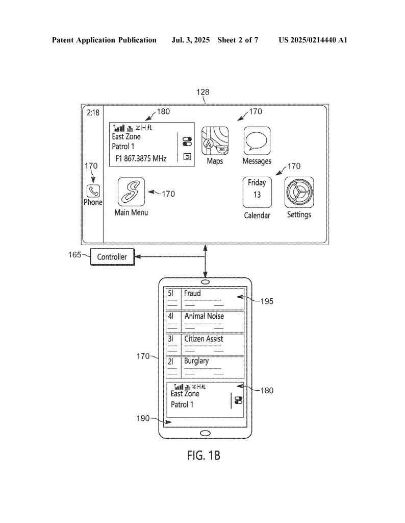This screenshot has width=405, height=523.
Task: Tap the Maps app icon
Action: coord(215,141)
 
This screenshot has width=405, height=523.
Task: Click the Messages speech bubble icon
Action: coord(257,141)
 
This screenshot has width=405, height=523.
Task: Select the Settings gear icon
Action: coord(299,193)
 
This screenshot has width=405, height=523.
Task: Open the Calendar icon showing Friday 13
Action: coord(257,193)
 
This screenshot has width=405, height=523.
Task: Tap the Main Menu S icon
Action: coord(131,192)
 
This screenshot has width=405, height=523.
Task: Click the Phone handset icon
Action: coord(93,191)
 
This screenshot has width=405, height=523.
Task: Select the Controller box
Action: coord(112,257)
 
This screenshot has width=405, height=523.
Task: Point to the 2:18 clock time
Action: coord(93,113)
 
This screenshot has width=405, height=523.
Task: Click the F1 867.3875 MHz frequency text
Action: coord(141,158)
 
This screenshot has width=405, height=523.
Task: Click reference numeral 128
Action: coord(203,92)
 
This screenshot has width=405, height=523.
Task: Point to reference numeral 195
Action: coord(267,301)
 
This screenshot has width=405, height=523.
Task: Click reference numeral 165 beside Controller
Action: coord(74,255)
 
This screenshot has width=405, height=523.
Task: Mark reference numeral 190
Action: coord(143,418)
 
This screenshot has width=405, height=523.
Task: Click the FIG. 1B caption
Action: coord(204,455)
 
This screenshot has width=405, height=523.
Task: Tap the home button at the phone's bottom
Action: coord(205,433)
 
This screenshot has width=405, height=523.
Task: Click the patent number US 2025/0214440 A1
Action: coord(313,40)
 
